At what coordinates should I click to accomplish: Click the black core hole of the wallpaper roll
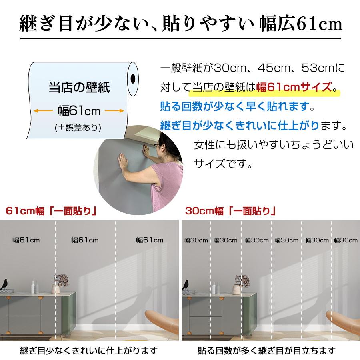coord(133,78)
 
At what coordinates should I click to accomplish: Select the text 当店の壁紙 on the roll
coord(79,87)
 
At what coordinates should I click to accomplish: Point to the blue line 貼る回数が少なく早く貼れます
coord(237,107)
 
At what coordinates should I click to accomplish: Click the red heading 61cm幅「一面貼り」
coord(52,211)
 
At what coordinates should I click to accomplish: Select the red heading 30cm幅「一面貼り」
coord(231,211)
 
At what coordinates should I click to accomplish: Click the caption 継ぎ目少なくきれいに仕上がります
coord(89,351)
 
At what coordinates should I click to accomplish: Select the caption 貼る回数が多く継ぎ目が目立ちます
coord(267,351)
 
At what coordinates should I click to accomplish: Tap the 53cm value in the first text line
coord(312,68)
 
